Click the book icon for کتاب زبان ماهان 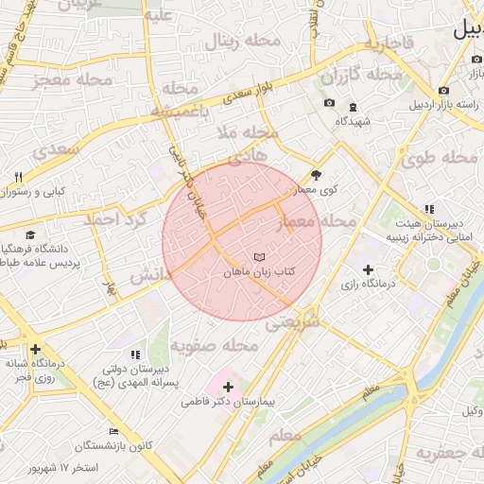259,257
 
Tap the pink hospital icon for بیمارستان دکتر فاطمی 228,386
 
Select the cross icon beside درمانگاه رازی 368,269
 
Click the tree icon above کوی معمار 316,175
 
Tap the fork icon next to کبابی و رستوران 18,177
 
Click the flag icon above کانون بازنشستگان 114,431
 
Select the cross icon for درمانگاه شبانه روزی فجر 35,349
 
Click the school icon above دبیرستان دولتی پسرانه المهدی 133,354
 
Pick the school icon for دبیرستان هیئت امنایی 428,209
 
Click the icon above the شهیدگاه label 354,107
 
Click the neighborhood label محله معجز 72,80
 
